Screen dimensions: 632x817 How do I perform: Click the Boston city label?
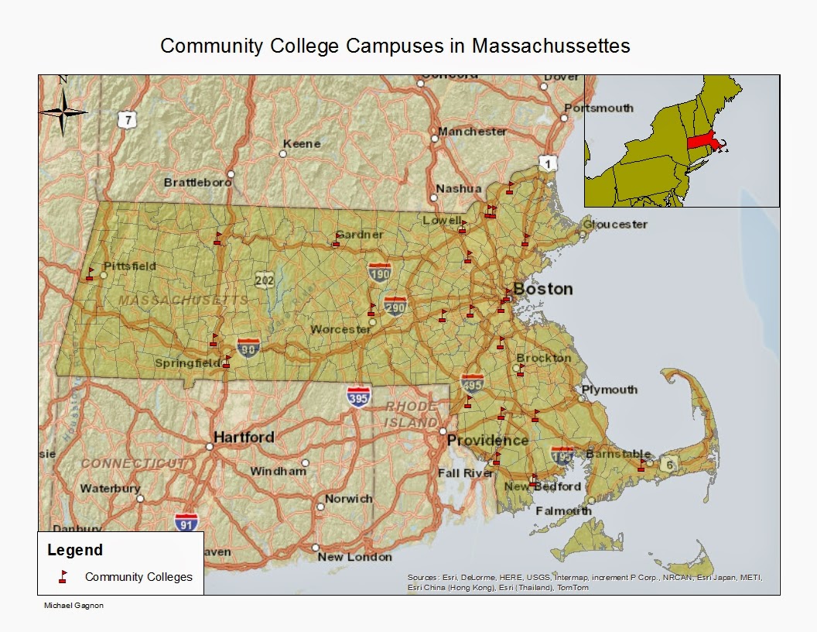pos(543,289)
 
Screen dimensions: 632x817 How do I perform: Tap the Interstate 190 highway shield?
pos(379,271)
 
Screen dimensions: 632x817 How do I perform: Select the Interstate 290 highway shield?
pos(395,306)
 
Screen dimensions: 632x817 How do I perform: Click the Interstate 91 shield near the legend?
pos(186,522)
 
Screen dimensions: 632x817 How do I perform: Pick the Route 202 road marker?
pos(265,280)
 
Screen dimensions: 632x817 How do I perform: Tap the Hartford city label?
pos(244,437)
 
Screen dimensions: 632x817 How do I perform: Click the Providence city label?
pos(487,440)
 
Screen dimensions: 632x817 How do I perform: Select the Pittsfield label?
pos(130,266)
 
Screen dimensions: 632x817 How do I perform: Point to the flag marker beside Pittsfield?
pos(91,273)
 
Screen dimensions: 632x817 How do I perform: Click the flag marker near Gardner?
pos(336,240)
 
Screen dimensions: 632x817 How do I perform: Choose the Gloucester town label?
pos(615,224)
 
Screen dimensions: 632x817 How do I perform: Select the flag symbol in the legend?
pos(63,576)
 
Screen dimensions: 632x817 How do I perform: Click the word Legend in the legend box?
pos(75,551)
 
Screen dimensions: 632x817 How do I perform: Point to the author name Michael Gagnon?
pos(73,606)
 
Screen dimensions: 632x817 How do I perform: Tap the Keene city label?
pos(302,144)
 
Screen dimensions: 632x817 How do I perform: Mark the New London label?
pos(354,557)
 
